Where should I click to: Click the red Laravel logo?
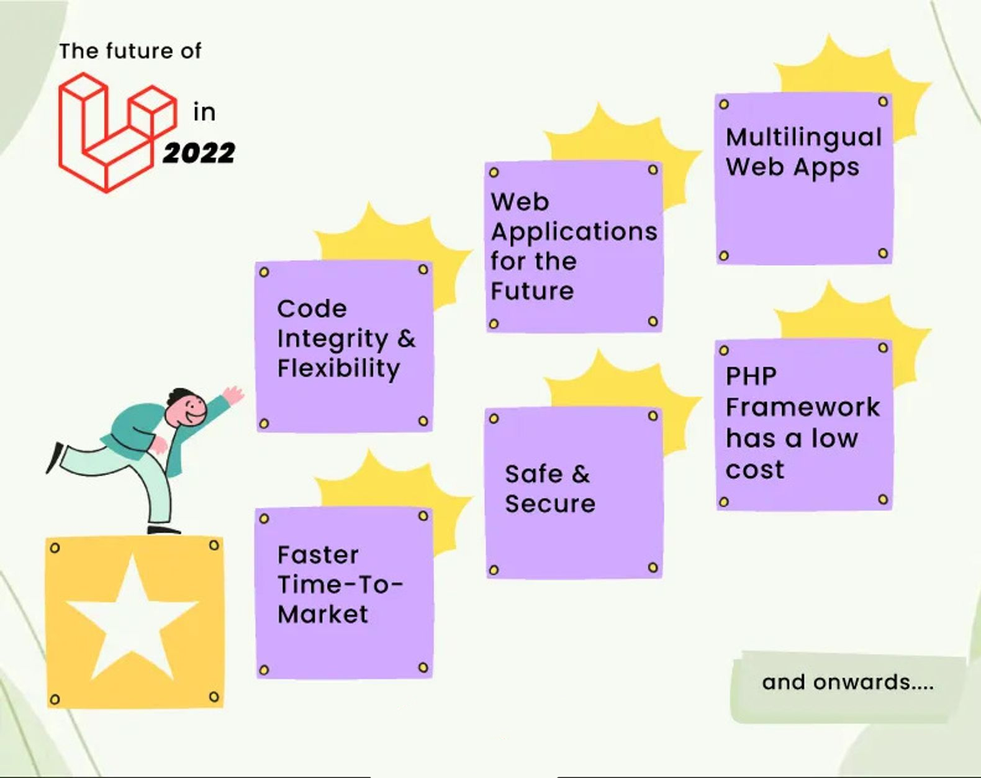pos(117,132)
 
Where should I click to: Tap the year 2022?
pos(199,153)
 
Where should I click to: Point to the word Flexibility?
pos(339,369)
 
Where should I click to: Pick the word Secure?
pos(550,504)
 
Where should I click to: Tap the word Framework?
pos(803,407)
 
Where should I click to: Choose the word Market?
pos(323,614)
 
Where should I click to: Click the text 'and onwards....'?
pos(848,682)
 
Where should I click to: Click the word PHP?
pos(751,376)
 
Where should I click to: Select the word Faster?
pos(318,555)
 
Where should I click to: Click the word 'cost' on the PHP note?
pos(755,470)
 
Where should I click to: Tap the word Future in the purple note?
pos(532,291)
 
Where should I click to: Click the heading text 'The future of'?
pos(130,51)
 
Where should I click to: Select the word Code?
pos(312,309)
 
